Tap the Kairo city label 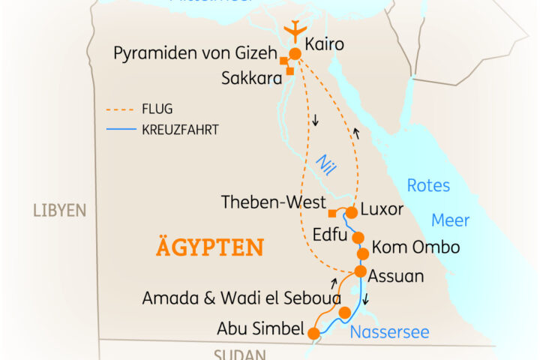(324, 45)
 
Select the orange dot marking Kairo (295, 53)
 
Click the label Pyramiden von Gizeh (194, 54)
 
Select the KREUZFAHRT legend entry (180, 130)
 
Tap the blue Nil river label (324, 163)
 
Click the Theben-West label (274, 202)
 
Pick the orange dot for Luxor (350, 212)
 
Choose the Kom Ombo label (415, 247)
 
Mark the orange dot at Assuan (361, 271)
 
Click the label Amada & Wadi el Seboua (237, 298)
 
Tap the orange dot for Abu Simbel (313, 333)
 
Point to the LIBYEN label (60, 210)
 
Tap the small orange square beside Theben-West (332, 213)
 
